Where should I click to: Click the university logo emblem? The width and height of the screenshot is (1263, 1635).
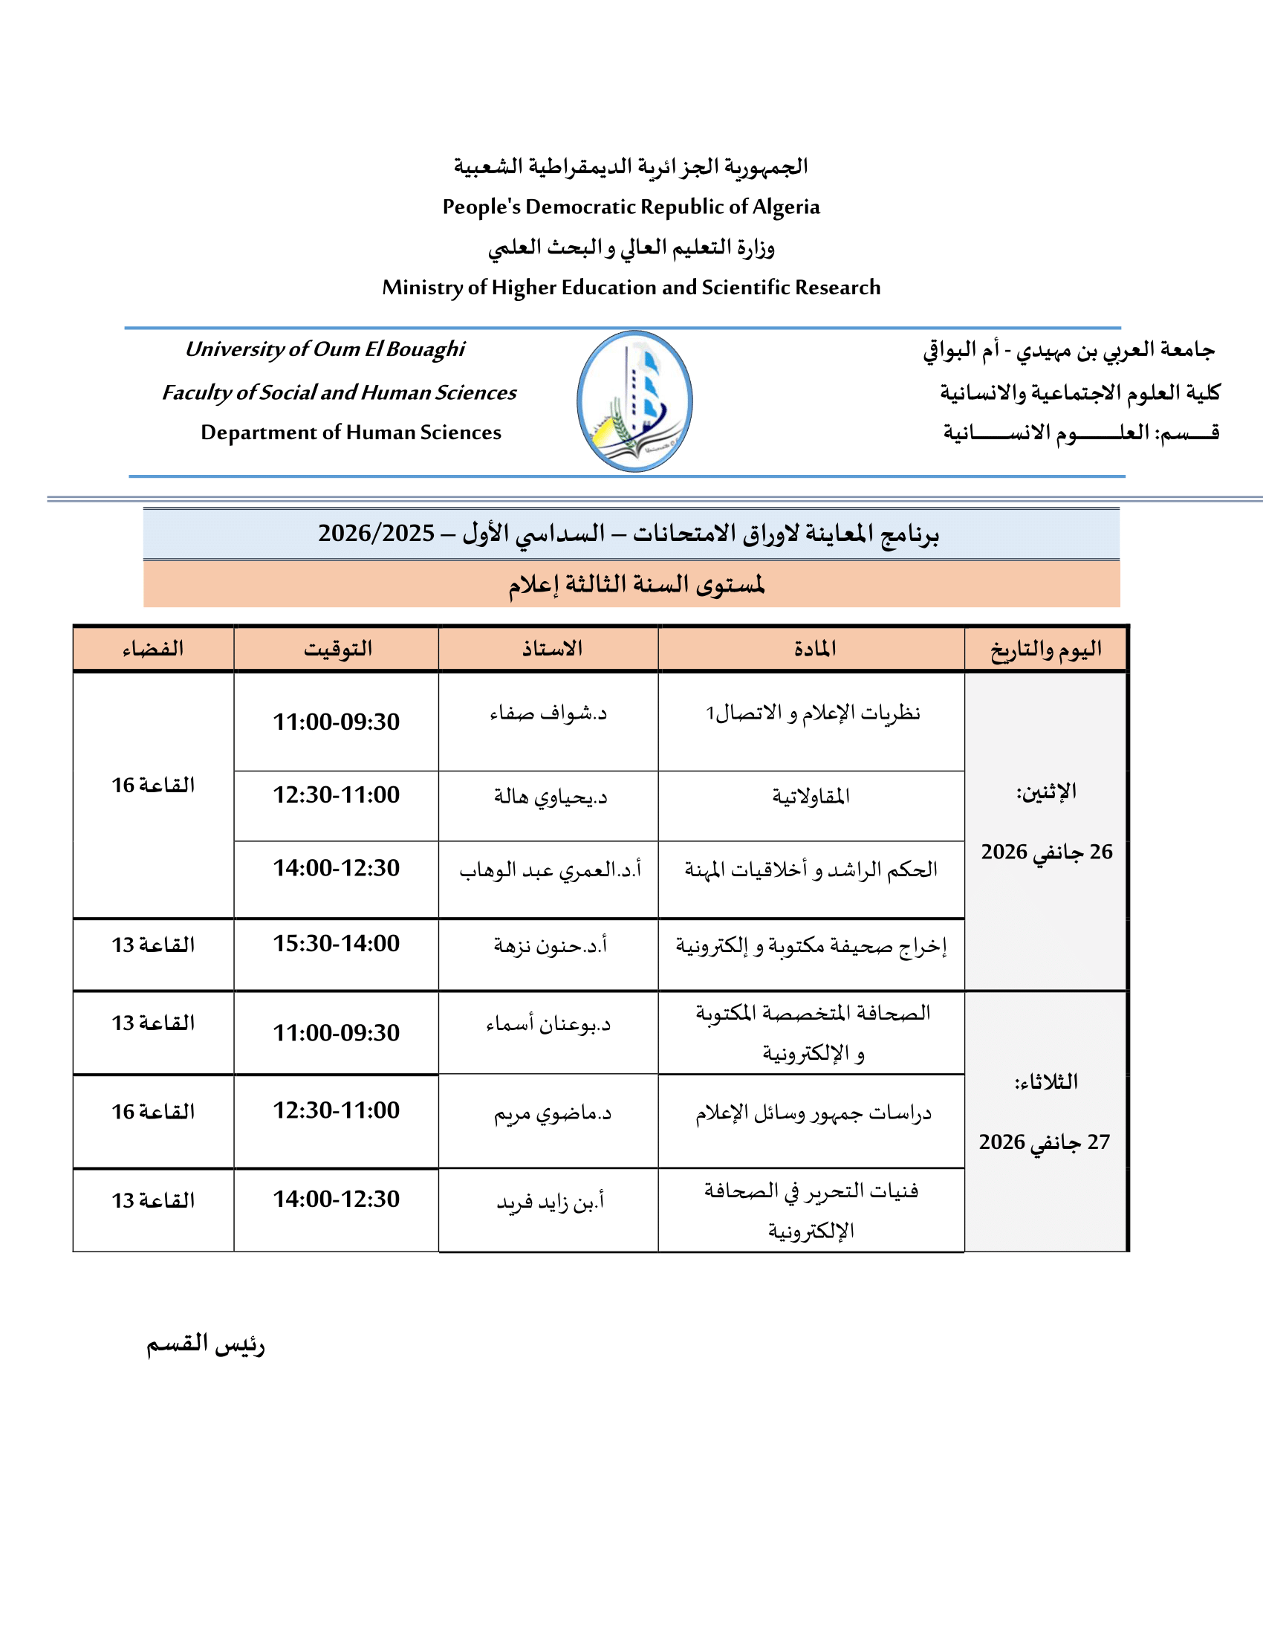point(634,401)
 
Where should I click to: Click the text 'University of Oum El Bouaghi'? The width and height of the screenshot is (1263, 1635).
point(325,349)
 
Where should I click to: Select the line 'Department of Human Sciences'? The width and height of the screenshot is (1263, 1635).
point(351,433)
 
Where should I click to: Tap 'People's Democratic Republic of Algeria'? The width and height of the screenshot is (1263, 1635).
point(631,207)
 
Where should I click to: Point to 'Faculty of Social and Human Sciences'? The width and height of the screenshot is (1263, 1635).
point(339,392)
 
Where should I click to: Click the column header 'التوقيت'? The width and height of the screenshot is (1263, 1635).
point(337,648)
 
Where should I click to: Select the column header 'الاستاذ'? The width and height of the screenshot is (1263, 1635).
point(552,648)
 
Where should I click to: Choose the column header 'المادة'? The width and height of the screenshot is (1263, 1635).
point(815,648)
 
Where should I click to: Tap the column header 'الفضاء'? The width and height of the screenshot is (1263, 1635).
point(153,648)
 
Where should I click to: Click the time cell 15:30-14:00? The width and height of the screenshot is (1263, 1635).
point(336,943)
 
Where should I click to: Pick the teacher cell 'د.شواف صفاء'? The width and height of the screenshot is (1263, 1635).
point(548,713)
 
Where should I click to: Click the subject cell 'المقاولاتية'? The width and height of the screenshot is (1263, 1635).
point(811,796)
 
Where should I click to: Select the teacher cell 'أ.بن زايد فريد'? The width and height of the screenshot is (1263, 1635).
point(550,1202)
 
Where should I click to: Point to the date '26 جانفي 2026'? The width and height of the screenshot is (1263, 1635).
point(1047,852)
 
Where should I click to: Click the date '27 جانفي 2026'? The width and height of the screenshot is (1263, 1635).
point(1045,1142)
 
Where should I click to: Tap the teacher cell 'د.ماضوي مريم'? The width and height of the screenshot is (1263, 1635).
point(552,1114)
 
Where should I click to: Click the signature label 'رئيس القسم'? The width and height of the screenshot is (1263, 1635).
point(206,1344)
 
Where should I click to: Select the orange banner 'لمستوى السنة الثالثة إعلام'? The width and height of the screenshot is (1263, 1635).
point(636,585)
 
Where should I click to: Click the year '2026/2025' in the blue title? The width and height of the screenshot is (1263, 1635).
point(377,533)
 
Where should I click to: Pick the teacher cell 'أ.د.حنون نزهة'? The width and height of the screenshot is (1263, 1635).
point(550,946)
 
